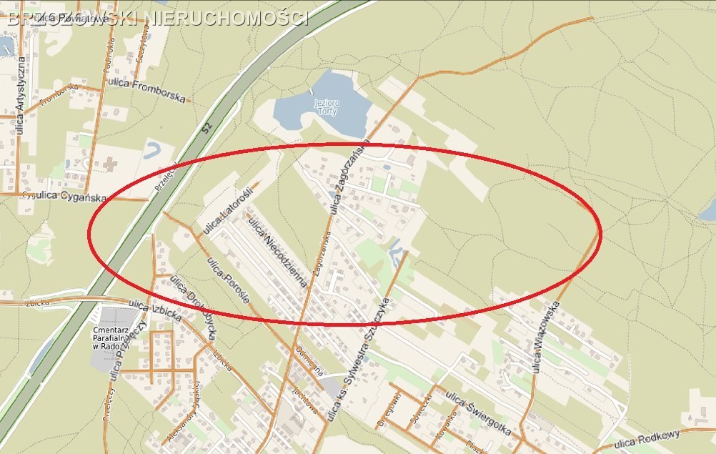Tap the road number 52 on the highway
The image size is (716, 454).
pyautogui.click(x=207, y=127)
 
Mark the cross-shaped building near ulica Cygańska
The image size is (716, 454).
pyautogui.click(x=109, y=164)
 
